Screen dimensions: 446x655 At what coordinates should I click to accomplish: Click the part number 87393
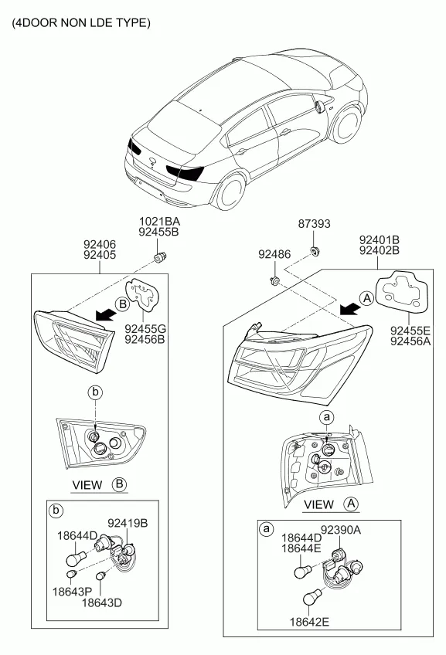[314, 224]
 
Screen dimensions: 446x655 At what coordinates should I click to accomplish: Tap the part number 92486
[274, 254]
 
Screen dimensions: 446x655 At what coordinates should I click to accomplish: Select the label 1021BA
[159, 222]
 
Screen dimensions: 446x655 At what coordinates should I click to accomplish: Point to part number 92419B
[128, 523]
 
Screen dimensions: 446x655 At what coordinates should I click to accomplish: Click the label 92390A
[340, 530]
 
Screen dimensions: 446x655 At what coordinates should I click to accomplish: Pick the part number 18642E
[309, 622]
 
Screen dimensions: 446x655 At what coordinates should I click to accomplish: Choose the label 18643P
[72, 592]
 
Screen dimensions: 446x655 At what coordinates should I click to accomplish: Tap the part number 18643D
[101, 602]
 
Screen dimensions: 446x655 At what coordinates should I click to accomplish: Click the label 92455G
[145, 329]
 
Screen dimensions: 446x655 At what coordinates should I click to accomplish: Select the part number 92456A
[410, 341]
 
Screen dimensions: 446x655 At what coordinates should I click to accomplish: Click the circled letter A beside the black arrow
[366, 299]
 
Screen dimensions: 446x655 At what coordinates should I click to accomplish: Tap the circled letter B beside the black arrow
[122, 304]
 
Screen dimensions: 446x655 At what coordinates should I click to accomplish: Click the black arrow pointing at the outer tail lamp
[349, 310]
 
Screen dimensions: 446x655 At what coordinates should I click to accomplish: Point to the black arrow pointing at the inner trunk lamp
[105, 314]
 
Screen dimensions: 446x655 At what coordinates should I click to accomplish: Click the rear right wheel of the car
[230, 192]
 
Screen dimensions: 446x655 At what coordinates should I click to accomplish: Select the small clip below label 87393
[314, 252]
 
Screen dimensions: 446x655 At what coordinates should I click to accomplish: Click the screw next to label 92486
[274, 282]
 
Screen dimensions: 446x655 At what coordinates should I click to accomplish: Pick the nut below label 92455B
[161, 257]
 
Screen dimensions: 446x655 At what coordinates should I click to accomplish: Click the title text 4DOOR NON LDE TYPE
[81, 22]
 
